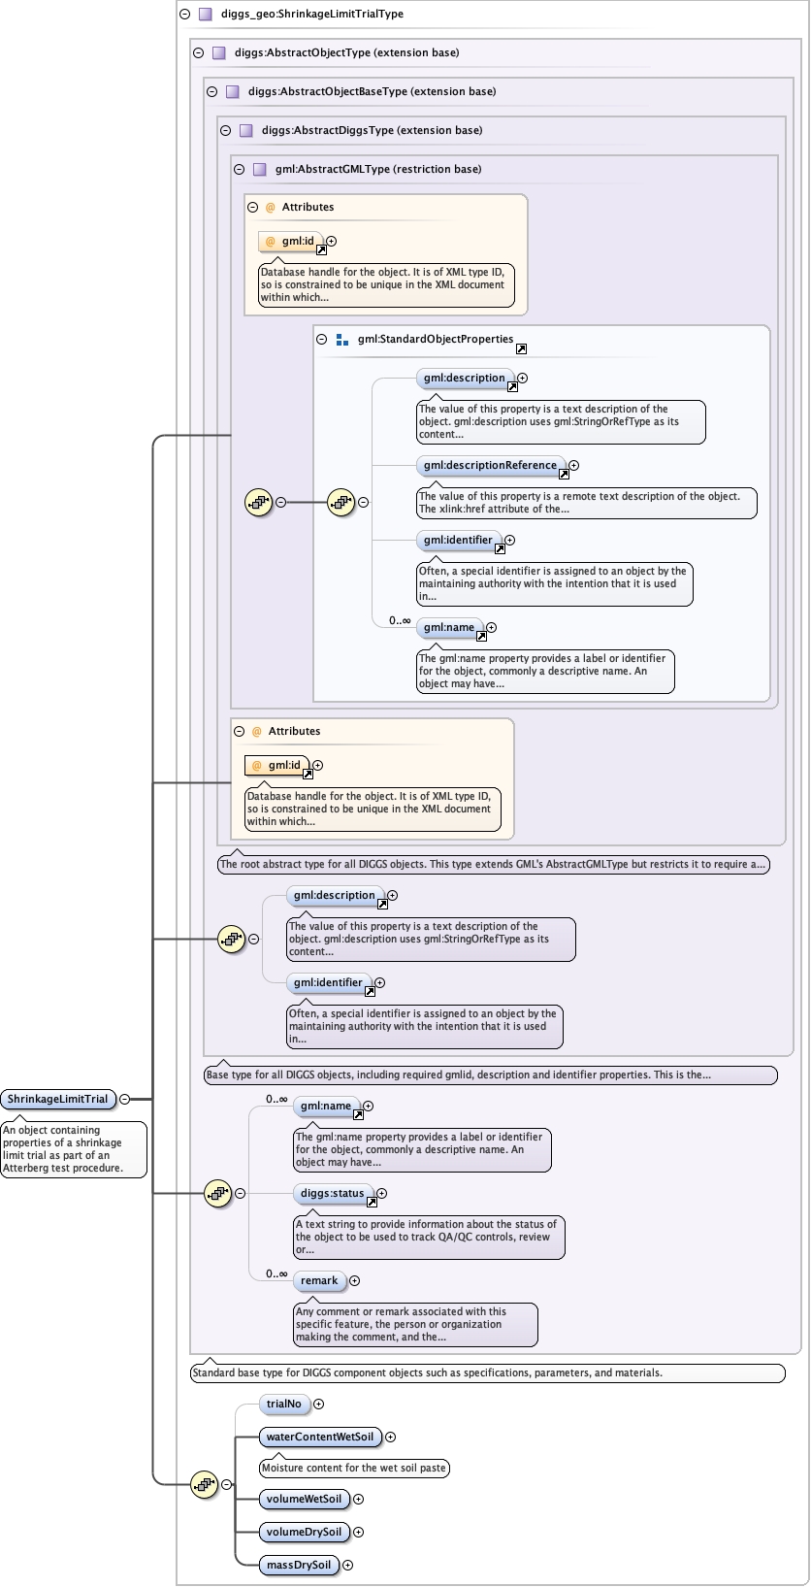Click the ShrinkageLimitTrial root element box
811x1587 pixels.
(x=58, y=1099)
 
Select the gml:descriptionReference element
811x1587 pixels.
(x=490, y=466)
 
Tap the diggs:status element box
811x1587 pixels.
(x=332, y=1194)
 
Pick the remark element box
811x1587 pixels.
(x=319, y=1281)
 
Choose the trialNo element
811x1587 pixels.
(x=283, y=1405)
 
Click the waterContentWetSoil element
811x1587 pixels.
(x=319, y=1438)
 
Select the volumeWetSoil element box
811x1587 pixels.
(x=304, y=1500)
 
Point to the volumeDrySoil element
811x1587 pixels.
(x=304, y=1533)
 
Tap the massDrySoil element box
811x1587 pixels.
(x=299, y=1566)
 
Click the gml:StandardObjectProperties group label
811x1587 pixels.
(x=435, y=340)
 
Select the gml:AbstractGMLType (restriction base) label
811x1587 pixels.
(x=377, y=169)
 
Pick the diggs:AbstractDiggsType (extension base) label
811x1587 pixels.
(x=372, y=130)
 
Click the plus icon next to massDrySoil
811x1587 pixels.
(x=348, y=1566)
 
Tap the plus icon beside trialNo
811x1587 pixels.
(x=319, y=1405)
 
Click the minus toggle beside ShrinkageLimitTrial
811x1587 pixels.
(x=124, y=1099)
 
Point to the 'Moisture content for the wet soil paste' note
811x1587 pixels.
(x=354, y=1469)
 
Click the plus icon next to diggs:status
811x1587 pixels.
(x=382, y=1194)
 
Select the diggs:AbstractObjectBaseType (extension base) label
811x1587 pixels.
(x=372, y=91)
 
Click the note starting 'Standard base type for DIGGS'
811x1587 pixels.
(x=487, y=1373)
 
